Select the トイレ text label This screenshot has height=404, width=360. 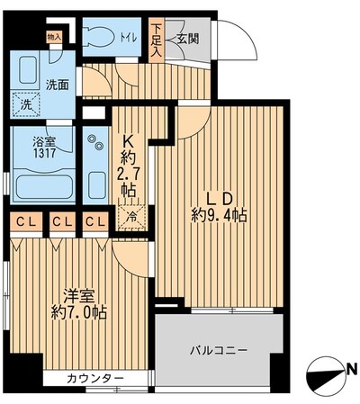click(x=128, y=38)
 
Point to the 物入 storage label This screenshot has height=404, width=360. click(x=54, y=37)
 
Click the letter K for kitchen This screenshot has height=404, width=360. click(x=129, y=142)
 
